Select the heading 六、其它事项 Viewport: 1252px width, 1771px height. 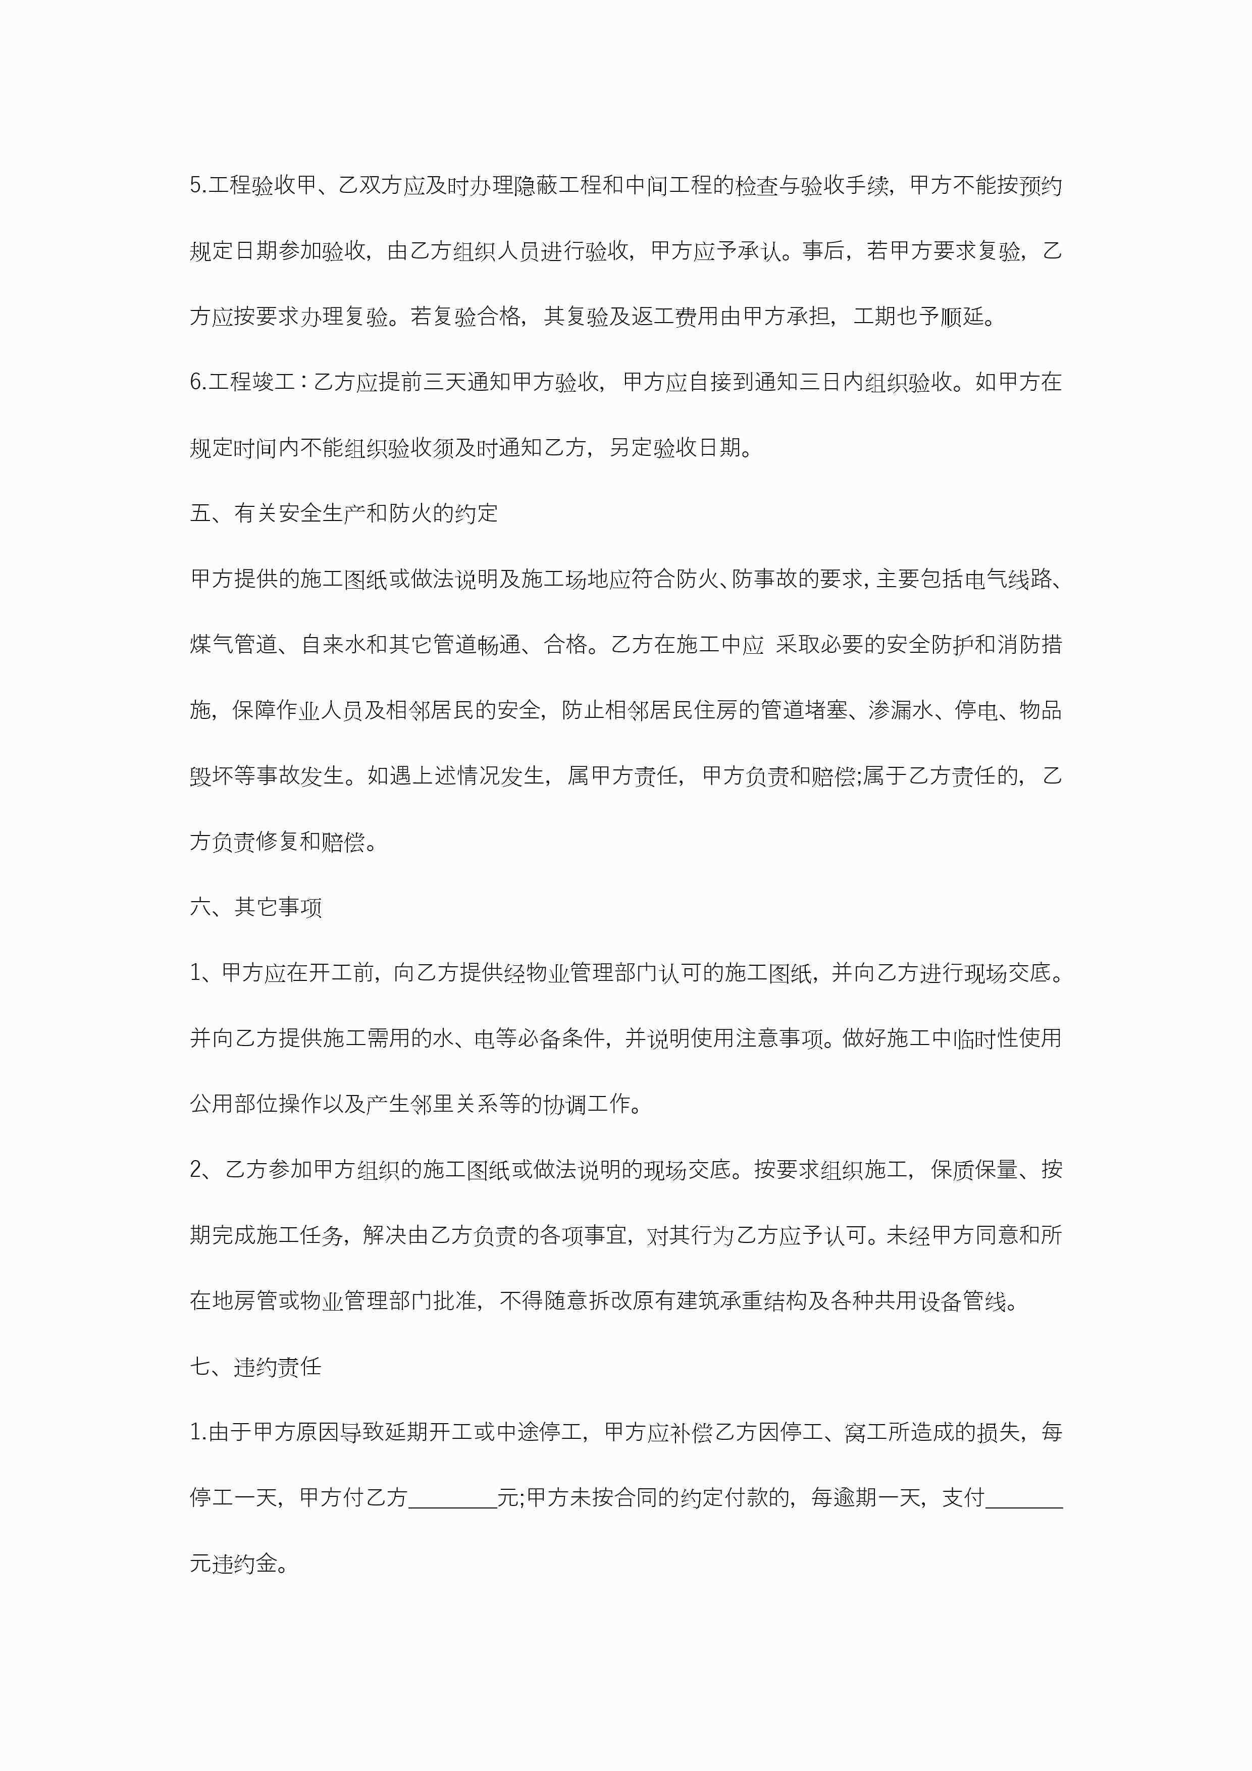pyautogui.click(x=255, y=907)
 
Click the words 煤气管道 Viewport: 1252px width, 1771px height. pyautogui.click(x=234, y=644)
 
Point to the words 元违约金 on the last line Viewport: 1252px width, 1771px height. pyautogui.click(x=234, y=1564)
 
